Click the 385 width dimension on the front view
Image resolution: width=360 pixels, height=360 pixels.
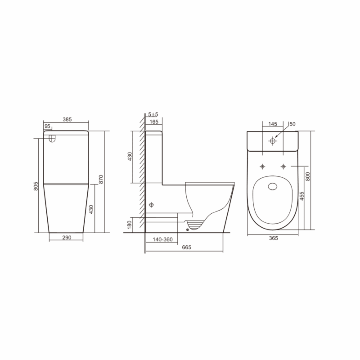pyautogui.click(x=67, y=120)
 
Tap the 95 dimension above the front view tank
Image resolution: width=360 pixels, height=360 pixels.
pyautogui.click(x=47, y=127)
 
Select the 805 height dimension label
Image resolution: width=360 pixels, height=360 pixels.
pyautogui.click(x=36, y=185)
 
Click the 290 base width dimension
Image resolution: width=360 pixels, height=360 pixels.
pyautogui.click(x=67, y=238)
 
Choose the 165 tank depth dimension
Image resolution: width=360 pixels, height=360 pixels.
pyautogui.click(x=153, y=121)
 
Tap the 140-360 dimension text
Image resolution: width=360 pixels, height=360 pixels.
pyautogui.click(x=162, y=239)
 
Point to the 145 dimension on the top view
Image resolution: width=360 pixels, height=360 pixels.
pyautogui.click(x=272, y=124)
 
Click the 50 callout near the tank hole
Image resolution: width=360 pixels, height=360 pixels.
pyautogui.click(x=292, y=124)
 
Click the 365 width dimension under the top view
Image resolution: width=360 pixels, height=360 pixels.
pyautogui.click(x=272, y=238)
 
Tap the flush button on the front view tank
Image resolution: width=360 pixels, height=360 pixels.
pyautogui.click(x=52, y=139)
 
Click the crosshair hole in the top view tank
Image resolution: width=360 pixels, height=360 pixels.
pyautogui.click(x=272, y=141)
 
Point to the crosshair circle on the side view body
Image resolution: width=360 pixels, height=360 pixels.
pyautogui.click(x=152, y=205)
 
